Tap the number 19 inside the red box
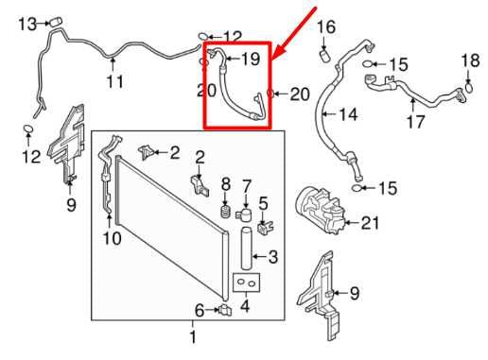pyautogui.click(x=250, y=60)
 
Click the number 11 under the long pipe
pyautogui.click(x=113, y=82)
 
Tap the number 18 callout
pyautogui.click(x=470, y=61)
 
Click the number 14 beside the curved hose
pyautogui.click(x=349, y=115)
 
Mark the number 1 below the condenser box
pyautogui.click(x=192, y=336)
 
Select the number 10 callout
pyautogui.click(x=111, y=239)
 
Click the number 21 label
pyautogui.click(x=369, y=224)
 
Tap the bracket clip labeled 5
pyautogui.click(x=265, y=227)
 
